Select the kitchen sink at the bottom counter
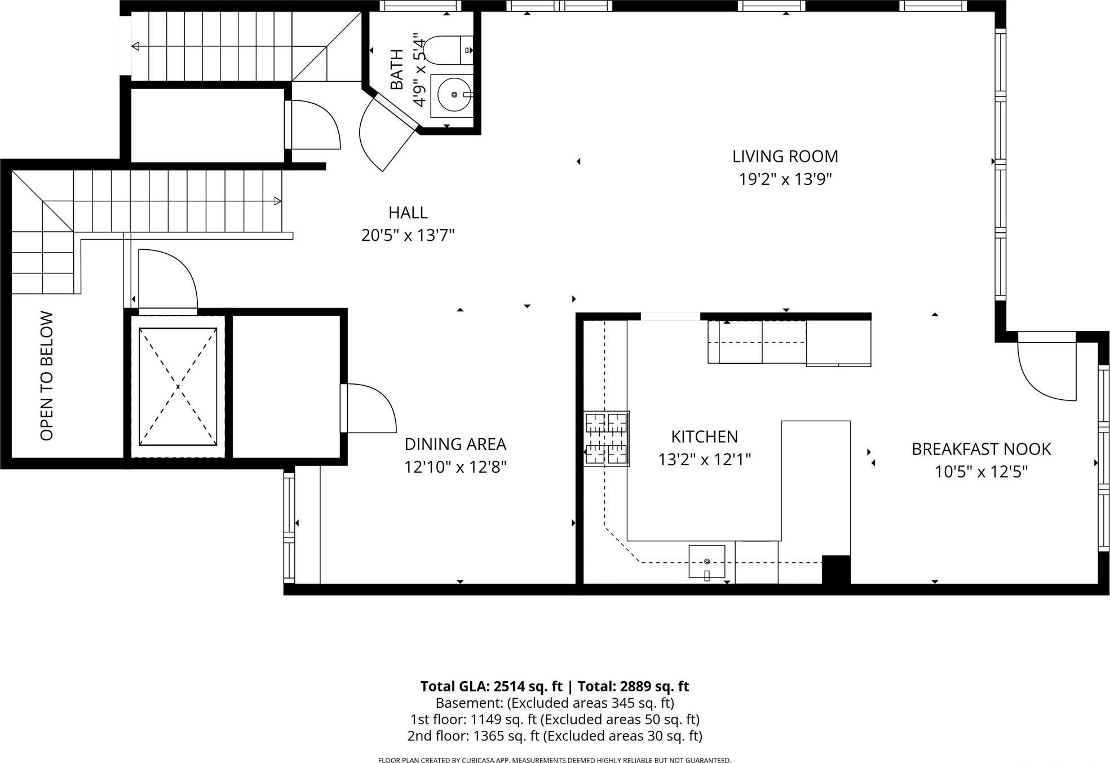[x=706, y=561]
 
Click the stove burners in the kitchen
[x=606, y=438]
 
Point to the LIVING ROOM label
[x=785, y=156]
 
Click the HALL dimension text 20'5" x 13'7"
[x=408, y=235]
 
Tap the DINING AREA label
[x=455, y=444]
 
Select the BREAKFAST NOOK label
[x=981, y=449]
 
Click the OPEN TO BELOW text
[x=47, y=376]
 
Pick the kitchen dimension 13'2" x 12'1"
[x=704, y=460]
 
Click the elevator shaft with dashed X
[x=178, y=387]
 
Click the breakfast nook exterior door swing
[x=1046, y=372]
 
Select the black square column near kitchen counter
[x=835, y=569]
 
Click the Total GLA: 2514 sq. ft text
[x=491, y=686]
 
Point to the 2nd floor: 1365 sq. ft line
[x=554, y=736]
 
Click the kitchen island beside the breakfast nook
[x=815, y=479]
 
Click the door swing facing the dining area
[x=369, y=408]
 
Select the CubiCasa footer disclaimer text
[x=554, y=760]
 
